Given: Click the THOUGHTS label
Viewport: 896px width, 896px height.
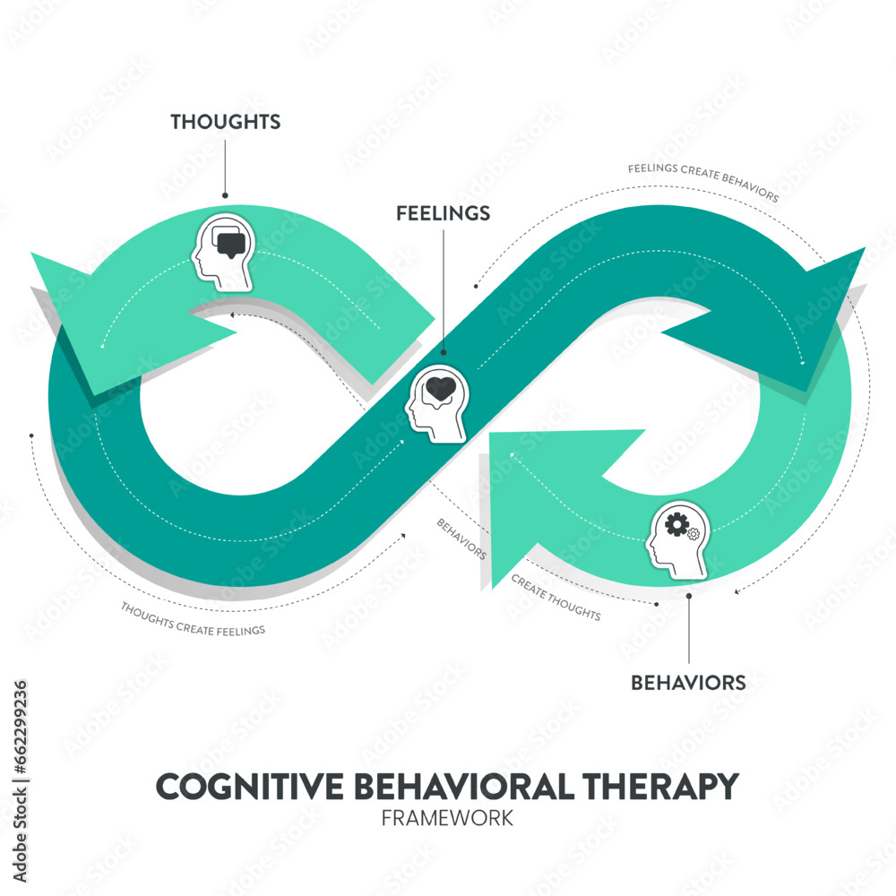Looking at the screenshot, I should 226,122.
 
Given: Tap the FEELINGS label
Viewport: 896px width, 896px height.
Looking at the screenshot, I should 444,213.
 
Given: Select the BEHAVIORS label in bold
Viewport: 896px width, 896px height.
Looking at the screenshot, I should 688,683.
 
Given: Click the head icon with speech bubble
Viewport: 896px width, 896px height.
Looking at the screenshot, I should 222,252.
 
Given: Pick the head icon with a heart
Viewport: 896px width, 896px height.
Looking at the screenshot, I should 436,405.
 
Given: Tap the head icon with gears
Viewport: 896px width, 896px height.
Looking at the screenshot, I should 677,538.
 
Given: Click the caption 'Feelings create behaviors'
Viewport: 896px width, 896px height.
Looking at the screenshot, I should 702,181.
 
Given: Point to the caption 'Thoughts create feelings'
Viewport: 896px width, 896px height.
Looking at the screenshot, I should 194,618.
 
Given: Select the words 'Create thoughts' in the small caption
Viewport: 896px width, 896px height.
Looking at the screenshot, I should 556,598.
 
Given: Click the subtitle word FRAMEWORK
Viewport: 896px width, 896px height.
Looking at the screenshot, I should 447,818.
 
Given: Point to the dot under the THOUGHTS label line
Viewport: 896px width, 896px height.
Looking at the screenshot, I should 225,195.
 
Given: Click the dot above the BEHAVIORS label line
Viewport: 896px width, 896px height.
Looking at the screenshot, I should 688,595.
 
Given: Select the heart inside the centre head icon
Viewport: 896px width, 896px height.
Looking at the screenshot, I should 441,389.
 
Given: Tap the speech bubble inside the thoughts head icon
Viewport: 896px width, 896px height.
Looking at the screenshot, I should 230,242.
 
